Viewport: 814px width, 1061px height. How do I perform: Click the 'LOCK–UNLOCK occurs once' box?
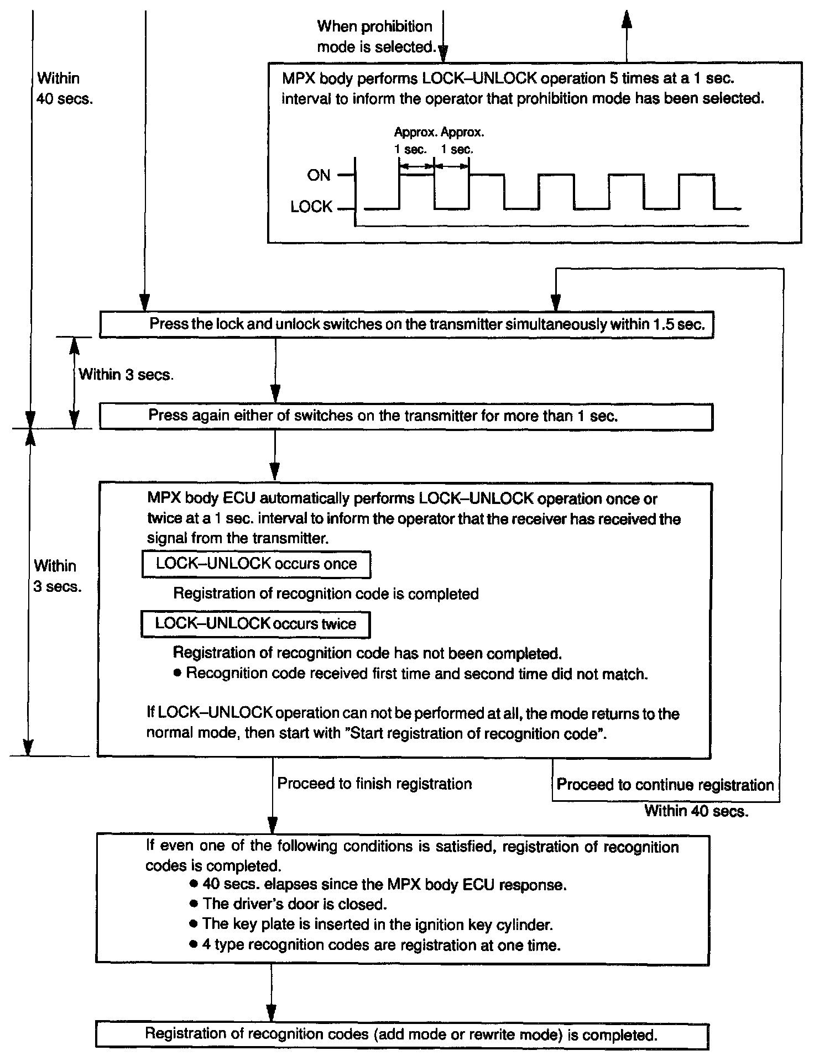256,564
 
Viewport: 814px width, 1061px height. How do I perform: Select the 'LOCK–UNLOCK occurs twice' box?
255,624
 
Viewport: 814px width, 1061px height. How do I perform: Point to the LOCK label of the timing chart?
311,207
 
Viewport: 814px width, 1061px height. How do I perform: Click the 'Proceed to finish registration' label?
374,784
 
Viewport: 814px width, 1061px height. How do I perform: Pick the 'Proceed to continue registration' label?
665,785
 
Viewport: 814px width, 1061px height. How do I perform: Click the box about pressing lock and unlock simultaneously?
406,324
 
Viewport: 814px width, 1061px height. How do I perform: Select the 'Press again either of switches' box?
406,416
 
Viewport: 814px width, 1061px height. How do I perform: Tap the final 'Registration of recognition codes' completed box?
401,1034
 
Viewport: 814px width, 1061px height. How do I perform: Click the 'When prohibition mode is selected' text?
375,36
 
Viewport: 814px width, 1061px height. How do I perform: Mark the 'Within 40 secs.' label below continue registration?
696,811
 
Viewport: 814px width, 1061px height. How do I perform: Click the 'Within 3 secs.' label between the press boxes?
126,375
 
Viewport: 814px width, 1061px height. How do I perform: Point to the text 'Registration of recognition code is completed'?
326,594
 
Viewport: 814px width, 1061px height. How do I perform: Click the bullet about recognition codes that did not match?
416,674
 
